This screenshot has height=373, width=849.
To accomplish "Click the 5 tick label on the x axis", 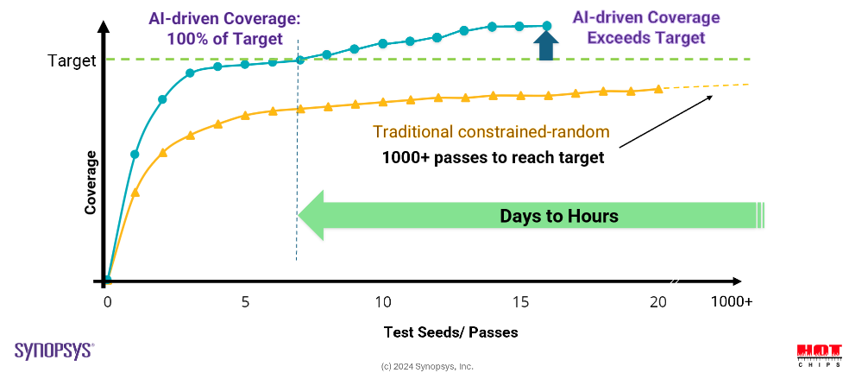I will click(245, 302).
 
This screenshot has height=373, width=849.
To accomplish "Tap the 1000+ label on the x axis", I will click(731, 302).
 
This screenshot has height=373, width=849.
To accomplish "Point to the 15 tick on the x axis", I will click(520, 302).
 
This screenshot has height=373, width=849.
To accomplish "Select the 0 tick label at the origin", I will click(108, 302).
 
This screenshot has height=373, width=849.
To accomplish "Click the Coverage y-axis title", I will click(90, 182).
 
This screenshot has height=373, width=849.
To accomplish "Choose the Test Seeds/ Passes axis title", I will click(450, 332).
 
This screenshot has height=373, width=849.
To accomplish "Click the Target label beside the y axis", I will click(72, 61).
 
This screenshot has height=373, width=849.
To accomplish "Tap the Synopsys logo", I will click(54, 350).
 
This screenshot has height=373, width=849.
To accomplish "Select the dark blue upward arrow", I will click(545, 45).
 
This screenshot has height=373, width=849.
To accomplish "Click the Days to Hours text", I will click(559, 216).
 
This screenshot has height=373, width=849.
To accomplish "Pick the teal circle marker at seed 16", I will click(546, 26).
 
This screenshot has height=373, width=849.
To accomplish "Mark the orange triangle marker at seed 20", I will click(658, 88).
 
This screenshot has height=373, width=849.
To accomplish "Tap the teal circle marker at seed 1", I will click(135, 155).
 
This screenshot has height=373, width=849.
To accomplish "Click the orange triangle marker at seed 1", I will click(135, 192).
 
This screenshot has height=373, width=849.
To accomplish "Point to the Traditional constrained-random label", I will click(491, 132).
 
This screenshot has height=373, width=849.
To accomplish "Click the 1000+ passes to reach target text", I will click(493, 157).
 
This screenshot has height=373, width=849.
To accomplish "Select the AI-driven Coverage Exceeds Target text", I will click(646, 28).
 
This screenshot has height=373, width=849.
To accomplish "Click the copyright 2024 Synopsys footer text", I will click(427, 366).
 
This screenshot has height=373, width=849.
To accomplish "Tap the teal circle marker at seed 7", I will click(300, 60).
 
